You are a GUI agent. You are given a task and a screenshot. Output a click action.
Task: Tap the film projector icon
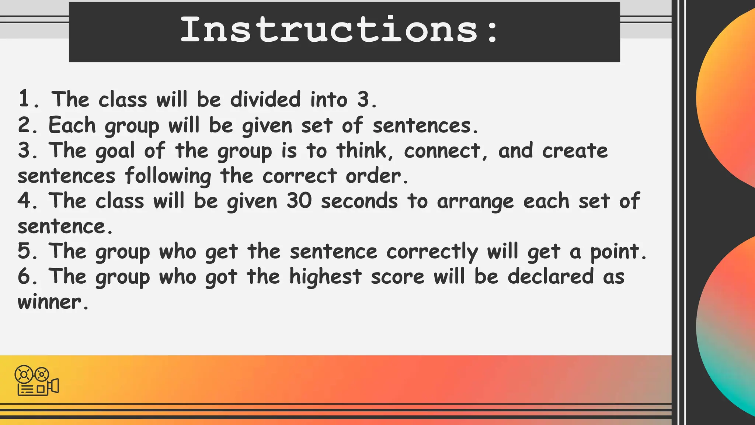(x=36, y=380)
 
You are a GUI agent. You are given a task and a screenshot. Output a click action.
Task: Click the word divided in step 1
(x=265, y=100)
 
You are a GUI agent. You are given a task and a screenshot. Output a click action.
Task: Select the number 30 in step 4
(x=299, y=201)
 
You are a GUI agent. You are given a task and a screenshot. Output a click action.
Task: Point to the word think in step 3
(x=361, y=151)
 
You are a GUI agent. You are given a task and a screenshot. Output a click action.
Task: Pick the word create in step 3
(x=575, y=151)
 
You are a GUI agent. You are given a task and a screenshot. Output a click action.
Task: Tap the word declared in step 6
(x=550, y=277)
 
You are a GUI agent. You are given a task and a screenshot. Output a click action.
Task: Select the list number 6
(x=25, y=277)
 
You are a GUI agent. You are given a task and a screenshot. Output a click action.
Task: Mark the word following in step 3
(x=168, y=176)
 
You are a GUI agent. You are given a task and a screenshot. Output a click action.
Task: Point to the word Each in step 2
(x=72, y=125)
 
